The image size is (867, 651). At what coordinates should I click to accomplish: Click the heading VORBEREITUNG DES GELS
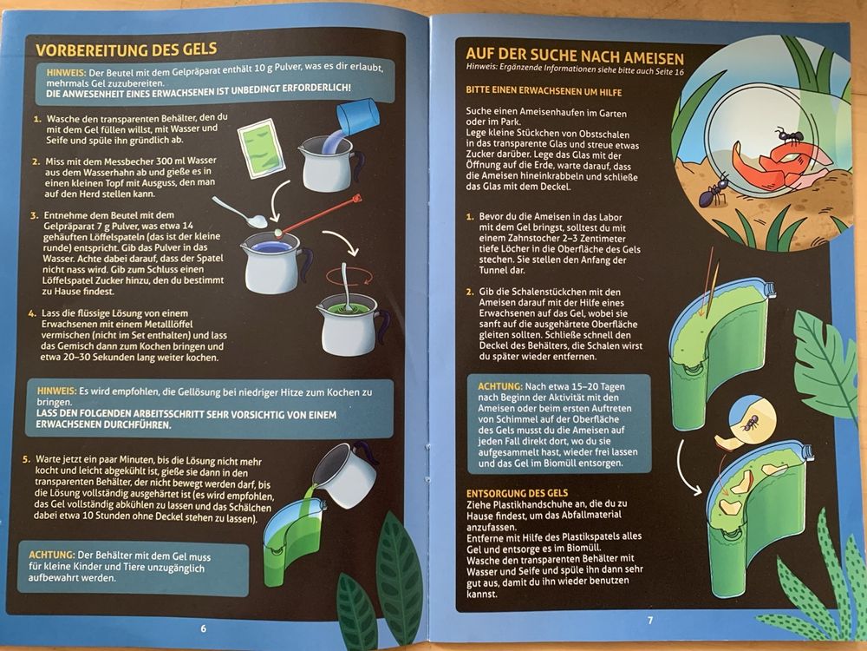(127, 49)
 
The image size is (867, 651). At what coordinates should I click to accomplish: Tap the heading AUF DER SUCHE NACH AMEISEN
(575, 56)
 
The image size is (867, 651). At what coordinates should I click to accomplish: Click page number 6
(204, 628)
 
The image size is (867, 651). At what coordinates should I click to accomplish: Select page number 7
(650, 621)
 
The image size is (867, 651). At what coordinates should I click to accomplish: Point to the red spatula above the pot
(318, 214)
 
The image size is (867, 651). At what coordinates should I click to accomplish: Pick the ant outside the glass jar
(714, 192)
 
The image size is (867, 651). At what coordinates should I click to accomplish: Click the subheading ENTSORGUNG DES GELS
(517, 493)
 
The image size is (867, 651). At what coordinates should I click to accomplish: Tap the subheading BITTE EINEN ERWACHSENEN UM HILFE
(544, 91)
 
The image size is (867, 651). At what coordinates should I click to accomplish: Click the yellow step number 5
(25, 459)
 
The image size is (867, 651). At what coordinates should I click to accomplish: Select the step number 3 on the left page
(34, 215)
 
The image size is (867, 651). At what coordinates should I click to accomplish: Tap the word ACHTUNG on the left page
(51, 556)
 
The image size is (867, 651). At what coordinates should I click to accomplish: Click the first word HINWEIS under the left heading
(67, 73)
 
